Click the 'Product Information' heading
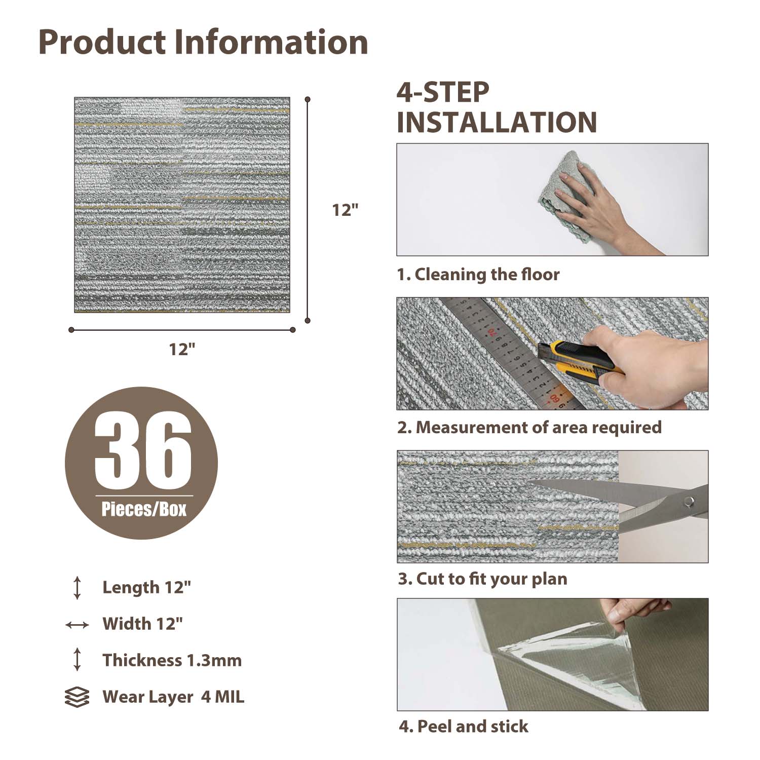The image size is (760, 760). pos(203,42)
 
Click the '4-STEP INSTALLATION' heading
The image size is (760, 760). pos(497,108)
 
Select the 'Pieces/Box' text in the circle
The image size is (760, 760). pos(144,509)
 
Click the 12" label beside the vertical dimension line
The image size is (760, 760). pos(345,210)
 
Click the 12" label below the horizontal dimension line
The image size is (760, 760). pos(182,349)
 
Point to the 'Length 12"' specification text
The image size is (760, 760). pos(146,587)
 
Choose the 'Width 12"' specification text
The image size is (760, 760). pos(142,624)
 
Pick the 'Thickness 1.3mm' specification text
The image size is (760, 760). pos(172,660)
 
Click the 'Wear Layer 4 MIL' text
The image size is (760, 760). pos(173,697)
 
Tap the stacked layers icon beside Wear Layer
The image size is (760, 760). pos(77,697)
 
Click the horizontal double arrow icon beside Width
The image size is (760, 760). pos(77,625)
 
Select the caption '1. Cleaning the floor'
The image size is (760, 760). pos(478,275)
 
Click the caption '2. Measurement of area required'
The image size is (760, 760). pos(529,427)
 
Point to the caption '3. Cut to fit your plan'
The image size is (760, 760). pos(482,579)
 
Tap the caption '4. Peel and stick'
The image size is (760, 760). pos(463,727)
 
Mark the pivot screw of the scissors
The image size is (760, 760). pos(688,502)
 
